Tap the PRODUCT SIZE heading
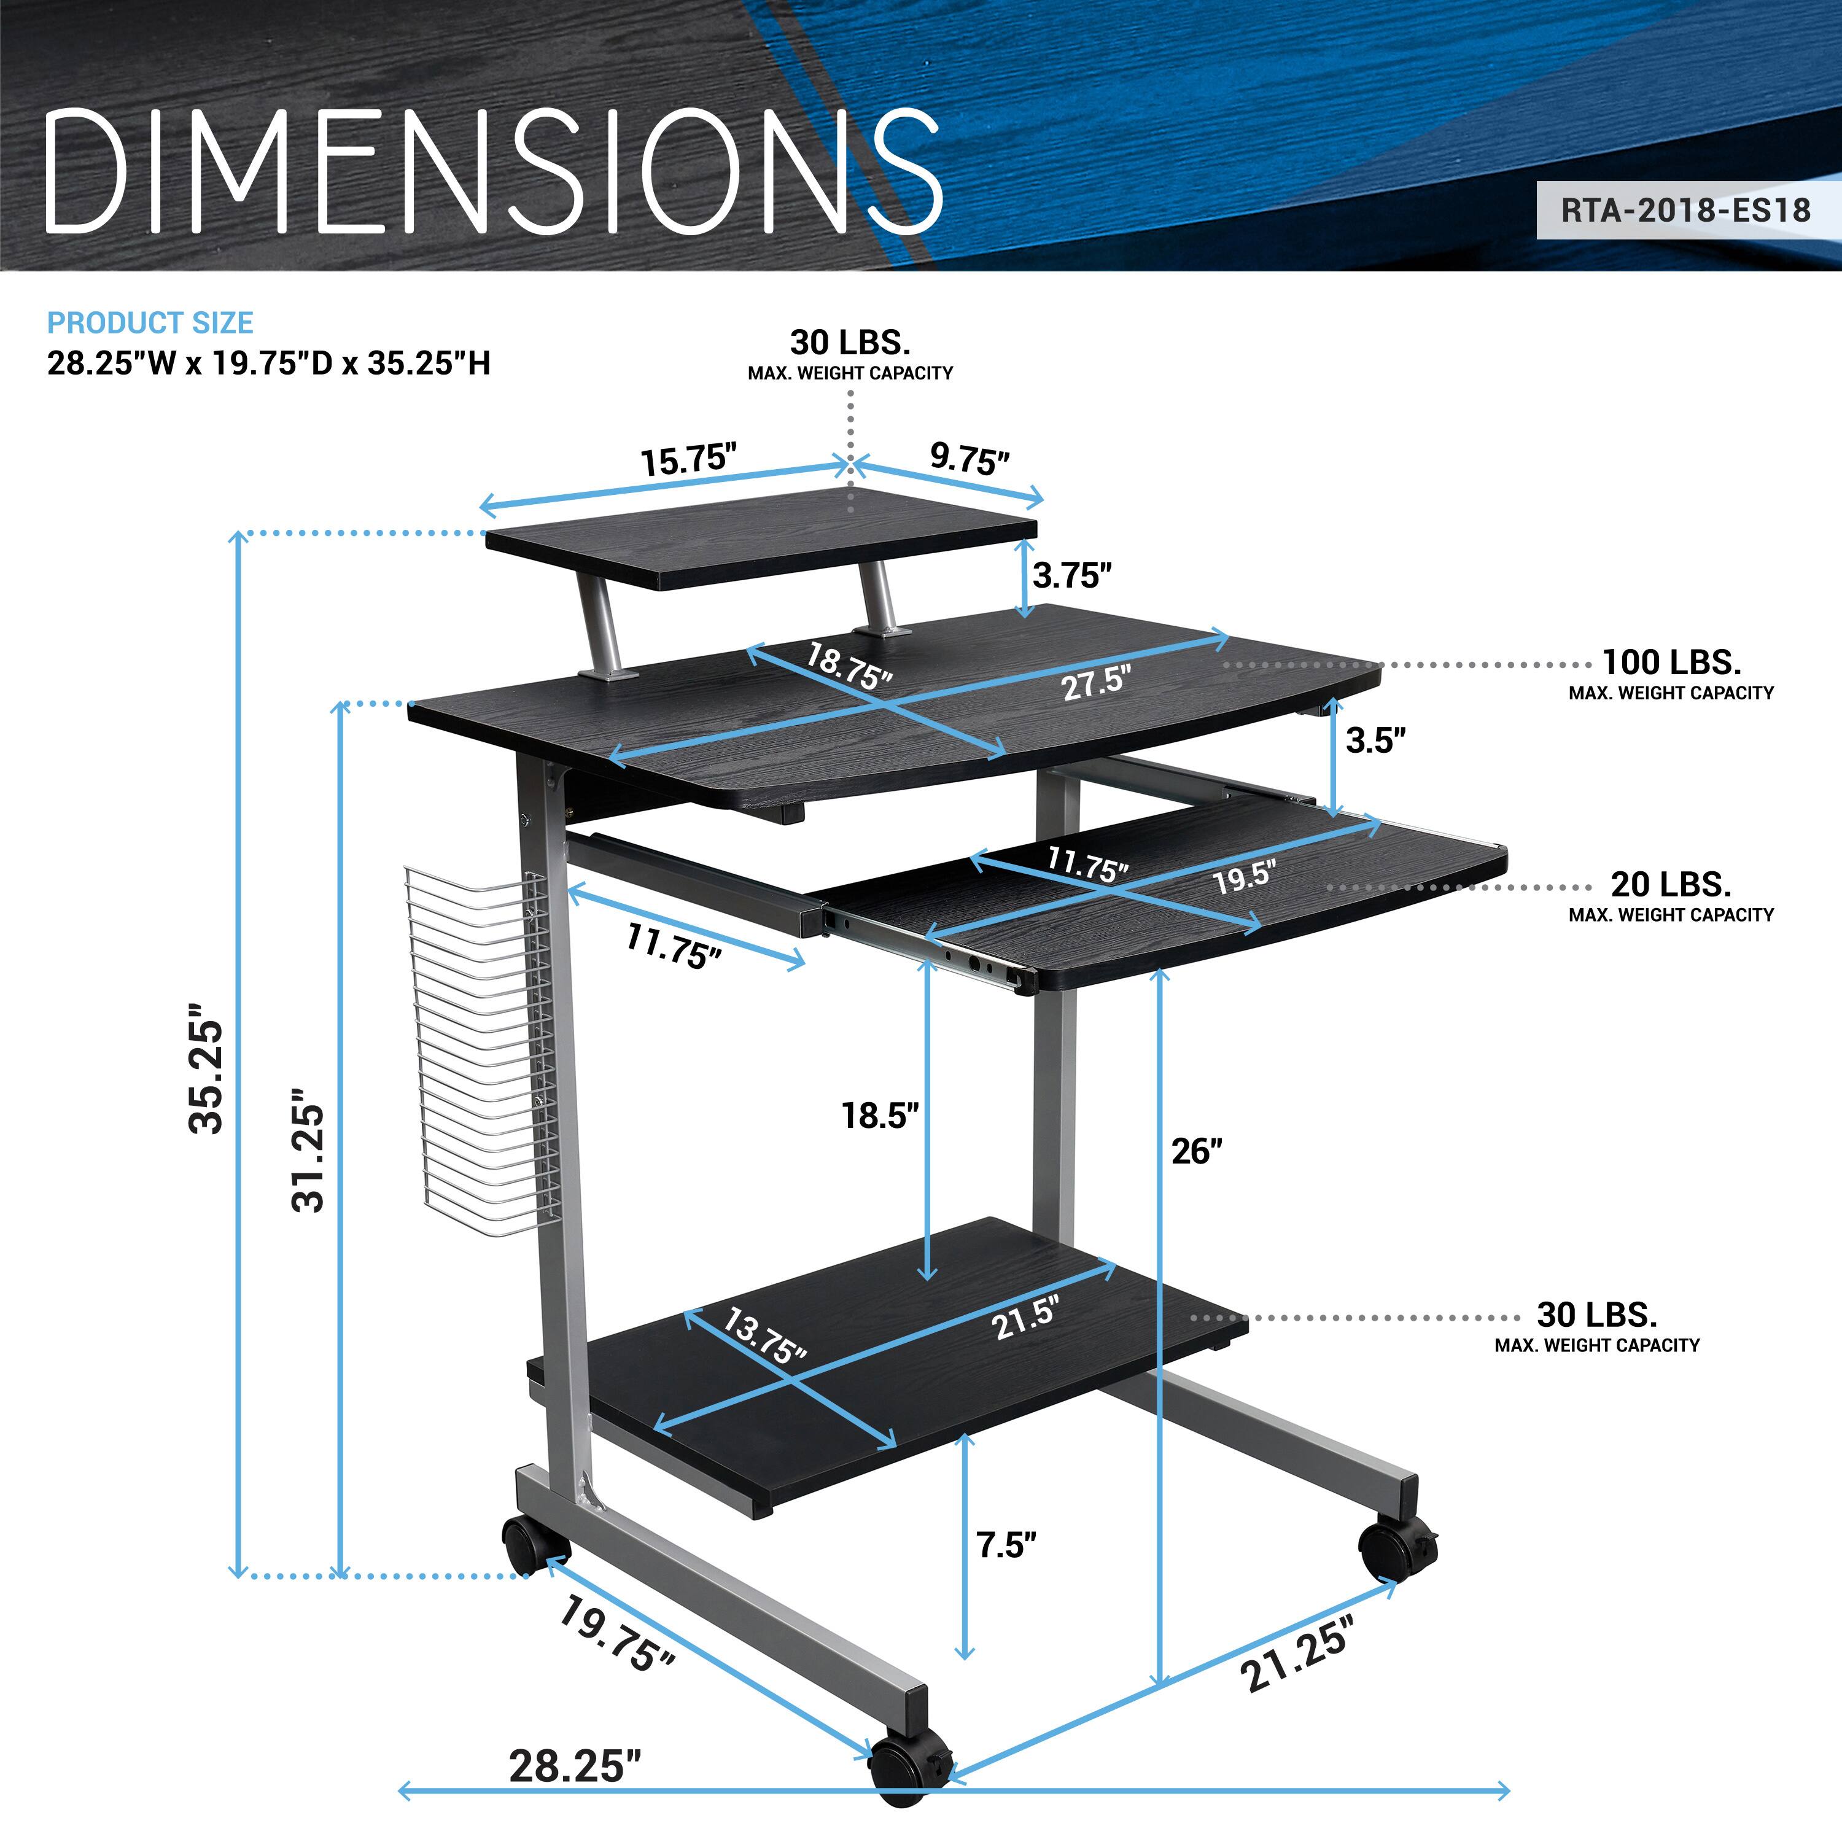pos(150,323)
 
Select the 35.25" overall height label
pos(206,1067)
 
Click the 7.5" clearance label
pos(1005,1544)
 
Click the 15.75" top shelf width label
pos(688,459)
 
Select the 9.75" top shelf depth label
pos(969,459)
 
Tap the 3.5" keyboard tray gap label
pos(1375,740)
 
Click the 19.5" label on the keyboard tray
pos(1244,875)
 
